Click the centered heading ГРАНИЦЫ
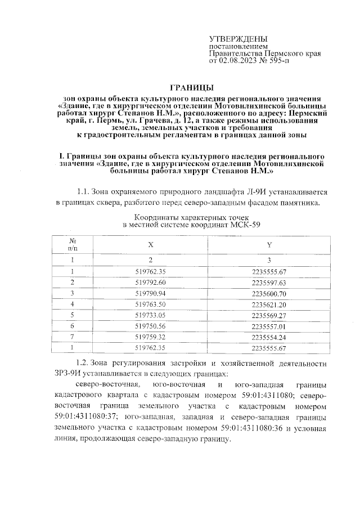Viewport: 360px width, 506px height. coord(191,87)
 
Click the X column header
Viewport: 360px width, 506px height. coord(150,245)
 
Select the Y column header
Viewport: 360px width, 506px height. coord(269,245)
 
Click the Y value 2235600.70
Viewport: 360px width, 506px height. coord(269,293)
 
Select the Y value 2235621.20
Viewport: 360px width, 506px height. coord(269,304)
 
